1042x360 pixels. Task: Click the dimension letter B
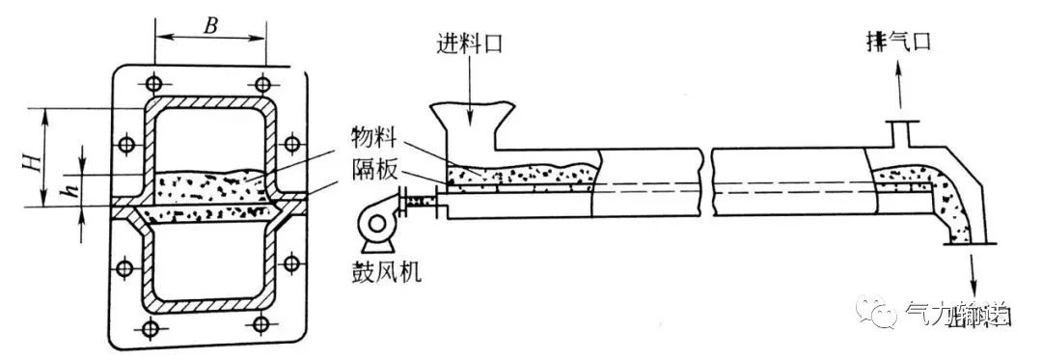pos(209,23)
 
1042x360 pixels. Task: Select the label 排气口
pos(899,42)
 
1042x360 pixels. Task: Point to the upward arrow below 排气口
pos(904,87)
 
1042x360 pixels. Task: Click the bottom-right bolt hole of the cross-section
pos(261,327)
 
